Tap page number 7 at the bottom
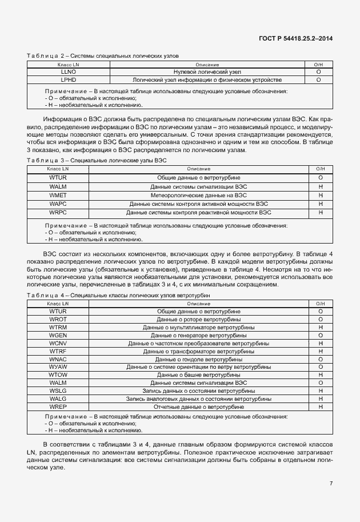[x=331, y=483]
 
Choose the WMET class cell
[x=58, y=195]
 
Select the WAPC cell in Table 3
[x=58, y=204]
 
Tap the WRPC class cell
[x=58, y=212]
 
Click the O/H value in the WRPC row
[x=320, y=212]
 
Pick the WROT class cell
[x=58, y=319]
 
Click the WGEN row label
[x=58, y=335]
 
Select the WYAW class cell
[x=58, y=366]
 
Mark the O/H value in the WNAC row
[x=320, y=359]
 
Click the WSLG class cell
[x=58, y=390]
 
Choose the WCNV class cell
[x=58, y=343]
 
